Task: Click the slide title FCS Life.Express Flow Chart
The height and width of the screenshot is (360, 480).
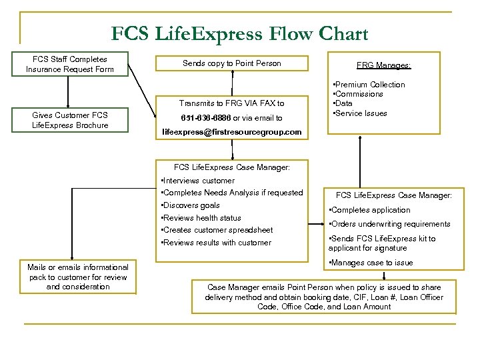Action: [x=239, y=33]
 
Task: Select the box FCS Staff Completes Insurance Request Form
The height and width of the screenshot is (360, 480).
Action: [x=69, y=64]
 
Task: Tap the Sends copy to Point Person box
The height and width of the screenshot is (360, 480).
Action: [x=231, y=63]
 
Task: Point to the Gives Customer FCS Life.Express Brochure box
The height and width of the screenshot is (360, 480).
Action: [x=69, y=120]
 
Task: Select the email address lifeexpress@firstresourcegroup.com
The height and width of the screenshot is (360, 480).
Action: [x=231, y=133]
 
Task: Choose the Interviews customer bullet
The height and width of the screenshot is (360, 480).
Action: [x=198, y=181]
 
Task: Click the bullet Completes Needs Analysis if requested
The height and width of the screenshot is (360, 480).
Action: [x=232, y=193]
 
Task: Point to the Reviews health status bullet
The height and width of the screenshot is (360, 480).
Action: [x=201, y=218]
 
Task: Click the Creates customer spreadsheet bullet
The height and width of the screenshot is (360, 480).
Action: [x=217, y=230]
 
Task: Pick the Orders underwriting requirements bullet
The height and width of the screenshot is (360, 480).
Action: [x=389, y=224]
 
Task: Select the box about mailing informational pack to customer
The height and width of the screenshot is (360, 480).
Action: [x=78, y=277]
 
